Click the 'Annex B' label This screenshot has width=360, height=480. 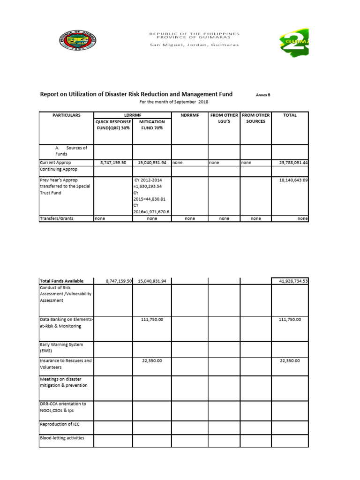tap(263, 95)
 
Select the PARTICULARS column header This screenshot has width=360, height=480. tap(67, 115)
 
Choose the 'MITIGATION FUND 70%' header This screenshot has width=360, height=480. tap(152, 124)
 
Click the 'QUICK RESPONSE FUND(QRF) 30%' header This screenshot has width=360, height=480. tap(113, 124)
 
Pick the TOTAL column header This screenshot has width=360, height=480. tap(290, 115)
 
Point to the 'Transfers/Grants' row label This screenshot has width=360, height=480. tap(57, 218)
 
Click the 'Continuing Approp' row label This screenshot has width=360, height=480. tap(59, 169)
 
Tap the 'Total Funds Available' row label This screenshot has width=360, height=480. tap(62, 281)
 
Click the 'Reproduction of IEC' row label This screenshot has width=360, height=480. tap(60, 424)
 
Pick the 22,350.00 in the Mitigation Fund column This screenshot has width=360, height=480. tap(152, 361)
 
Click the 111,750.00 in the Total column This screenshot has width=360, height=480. tap(290, 319)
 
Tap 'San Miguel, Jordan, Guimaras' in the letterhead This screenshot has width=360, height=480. tap(194, 45)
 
